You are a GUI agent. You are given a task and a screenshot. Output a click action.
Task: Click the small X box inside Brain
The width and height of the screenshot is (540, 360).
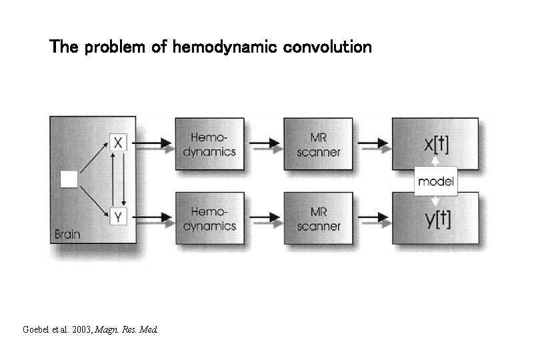point(118,143)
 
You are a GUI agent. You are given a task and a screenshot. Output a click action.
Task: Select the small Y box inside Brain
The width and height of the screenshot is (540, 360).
point(118,216)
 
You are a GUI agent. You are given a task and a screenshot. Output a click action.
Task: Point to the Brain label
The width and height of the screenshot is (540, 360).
point(67,234)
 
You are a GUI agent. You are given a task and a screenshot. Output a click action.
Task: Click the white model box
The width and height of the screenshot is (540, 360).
point(435,181)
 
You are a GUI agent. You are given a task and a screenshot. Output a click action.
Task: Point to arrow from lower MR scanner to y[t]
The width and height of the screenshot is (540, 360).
point(373,217)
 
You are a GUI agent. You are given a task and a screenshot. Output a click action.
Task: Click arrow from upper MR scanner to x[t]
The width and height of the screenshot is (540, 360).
point(373,143)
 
